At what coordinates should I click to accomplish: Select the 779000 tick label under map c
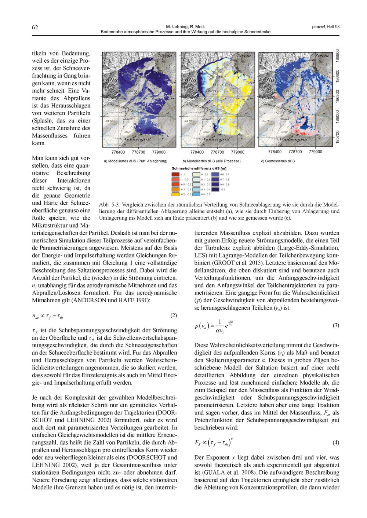click(315, 152)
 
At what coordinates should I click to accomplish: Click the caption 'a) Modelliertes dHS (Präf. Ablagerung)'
click(136, 161)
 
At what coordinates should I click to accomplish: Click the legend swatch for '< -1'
click(176, 174)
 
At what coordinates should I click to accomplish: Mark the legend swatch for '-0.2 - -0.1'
click(176, 194)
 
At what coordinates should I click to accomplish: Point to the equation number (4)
click(335, 443)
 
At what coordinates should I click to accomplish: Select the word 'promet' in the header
click(317, 27)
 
